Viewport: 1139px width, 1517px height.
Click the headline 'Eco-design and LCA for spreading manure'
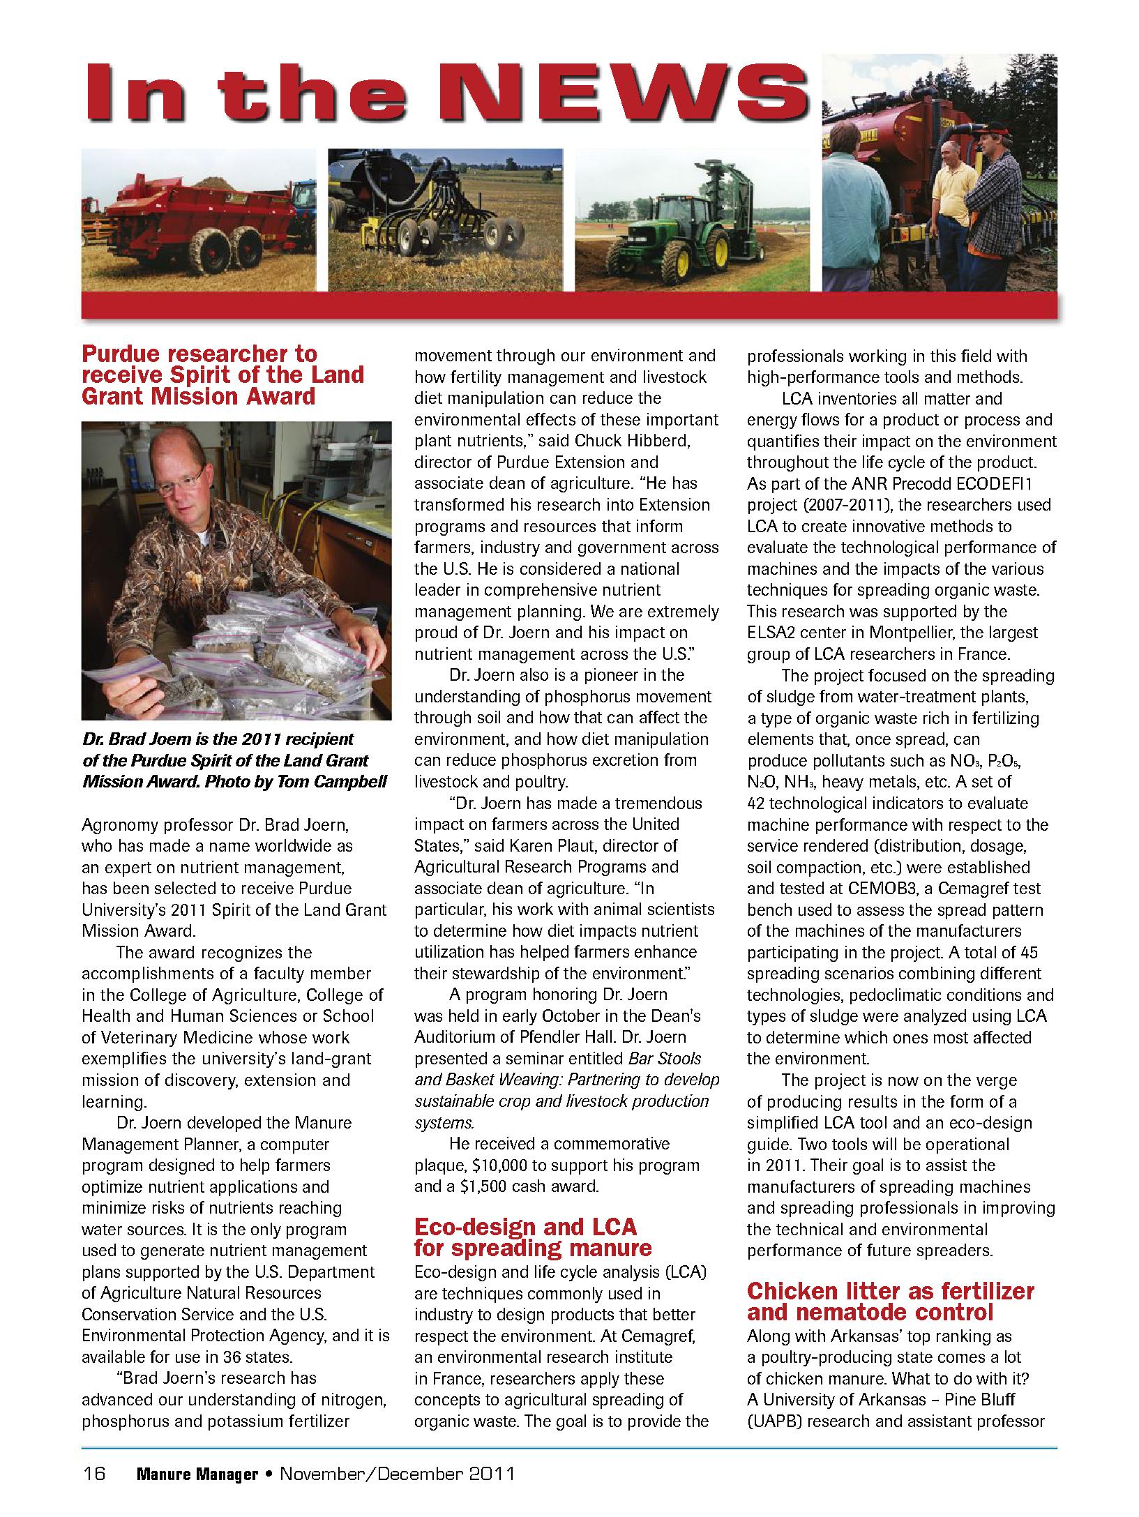[533, 1237]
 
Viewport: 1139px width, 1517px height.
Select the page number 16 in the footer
[94, 1474]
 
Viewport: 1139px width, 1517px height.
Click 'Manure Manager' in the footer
[197, 1474]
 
